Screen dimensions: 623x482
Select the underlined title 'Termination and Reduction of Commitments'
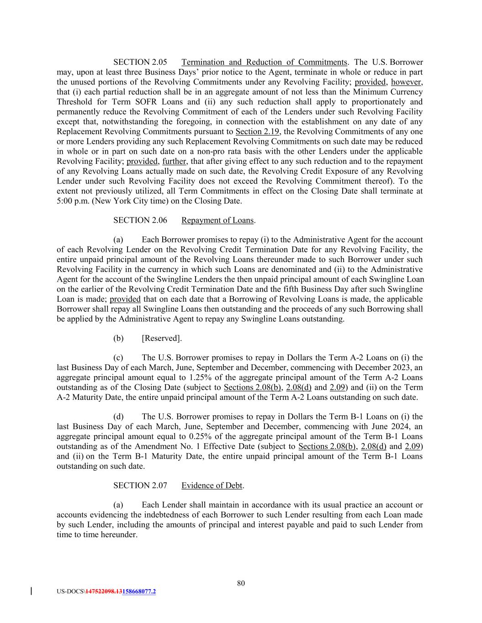click(264, 62)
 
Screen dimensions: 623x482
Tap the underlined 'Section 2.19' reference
click(257, 131)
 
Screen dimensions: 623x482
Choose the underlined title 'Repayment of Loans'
click(217, 220)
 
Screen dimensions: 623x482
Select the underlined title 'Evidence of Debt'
click(212, 486)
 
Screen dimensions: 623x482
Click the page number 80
click(241, 583)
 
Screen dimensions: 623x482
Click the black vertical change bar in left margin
click(31, 591)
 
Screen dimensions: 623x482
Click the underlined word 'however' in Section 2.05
click(406, 82)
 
